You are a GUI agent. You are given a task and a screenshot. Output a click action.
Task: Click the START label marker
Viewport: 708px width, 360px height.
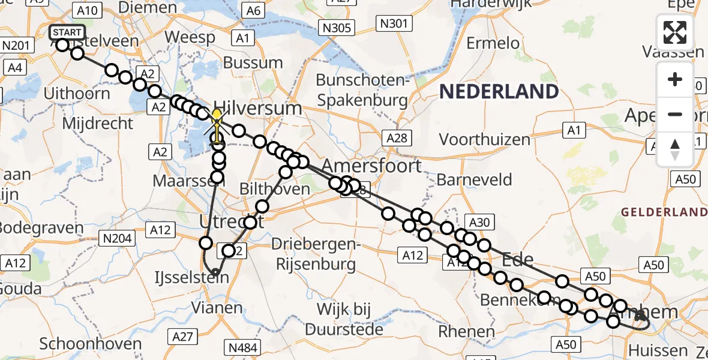point(67,32)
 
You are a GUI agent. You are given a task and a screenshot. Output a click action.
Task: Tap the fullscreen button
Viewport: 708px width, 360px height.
point(675,32)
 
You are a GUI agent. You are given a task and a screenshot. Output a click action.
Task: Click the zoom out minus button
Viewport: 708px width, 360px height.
point(675,114)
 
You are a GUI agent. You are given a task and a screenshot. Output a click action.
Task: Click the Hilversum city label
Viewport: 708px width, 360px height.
point(257,109)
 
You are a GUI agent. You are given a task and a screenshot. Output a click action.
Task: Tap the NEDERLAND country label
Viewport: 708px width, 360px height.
point(499,92)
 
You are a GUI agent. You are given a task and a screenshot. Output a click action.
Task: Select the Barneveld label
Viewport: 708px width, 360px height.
point(474,179)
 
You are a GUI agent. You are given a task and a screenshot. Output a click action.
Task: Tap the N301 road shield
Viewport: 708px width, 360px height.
point(394,24)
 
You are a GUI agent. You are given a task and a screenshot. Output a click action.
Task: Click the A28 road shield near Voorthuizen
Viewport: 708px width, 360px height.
point(397,139)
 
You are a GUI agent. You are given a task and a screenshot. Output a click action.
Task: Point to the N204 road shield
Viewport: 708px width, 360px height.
point(117,239)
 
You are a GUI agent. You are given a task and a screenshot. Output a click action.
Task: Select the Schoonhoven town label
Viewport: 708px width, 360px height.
point(91,344)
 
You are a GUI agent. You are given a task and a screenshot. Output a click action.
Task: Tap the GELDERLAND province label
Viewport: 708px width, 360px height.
point(664,212)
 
